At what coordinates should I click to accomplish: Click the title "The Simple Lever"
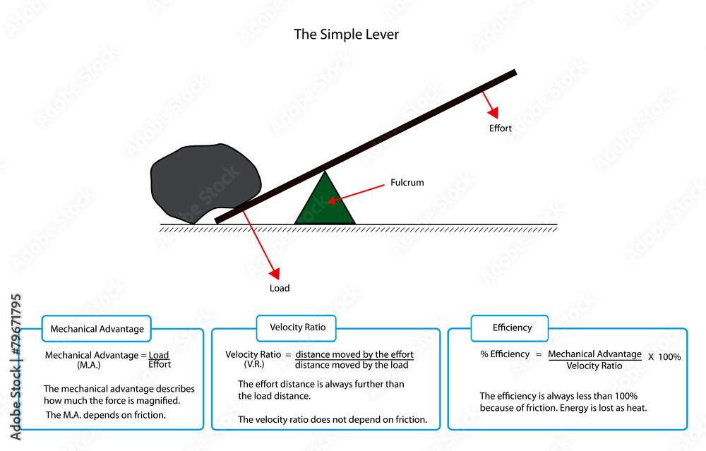pyautogui.click(x=346, y=34)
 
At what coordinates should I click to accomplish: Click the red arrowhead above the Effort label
pyautogui.click(x=493, y=112)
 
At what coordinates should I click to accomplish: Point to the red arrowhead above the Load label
pyautogui.click(x=275, y=273)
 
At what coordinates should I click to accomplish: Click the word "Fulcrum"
pyautogui.click(x=407, y=183)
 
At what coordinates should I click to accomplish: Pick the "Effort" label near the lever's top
pyautogui.click(x=500, y=128)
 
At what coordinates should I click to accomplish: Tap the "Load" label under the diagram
pyautogui.click(x=280, y=288)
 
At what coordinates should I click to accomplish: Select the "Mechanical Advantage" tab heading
pyautogui.click(x=97, y=329)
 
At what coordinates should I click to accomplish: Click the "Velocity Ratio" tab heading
pyautogui.click(x=296, y=327)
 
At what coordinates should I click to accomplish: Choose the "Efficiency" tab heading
pyautogui.click(x=512, y=327)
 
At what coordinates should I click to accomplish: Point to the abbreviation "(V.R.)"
pyautogui.click(x=254, y=365)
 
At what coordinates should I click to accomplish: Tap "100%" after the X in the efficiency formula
pyautogui.click(x=669, y=357)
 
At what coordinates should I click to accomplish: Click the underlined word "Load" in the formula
pyautogui.click(x=159, y=355)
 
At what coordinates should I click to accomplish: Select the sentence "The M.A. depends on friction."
pyautogui.click(x=106, y=415)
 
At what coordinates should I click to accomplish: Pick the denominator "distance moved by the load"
pyautogui.click(x=352, y=365)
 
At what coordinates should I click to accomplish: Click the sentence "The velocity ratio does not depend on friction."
pyautogui.click(x=333, y=419)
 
